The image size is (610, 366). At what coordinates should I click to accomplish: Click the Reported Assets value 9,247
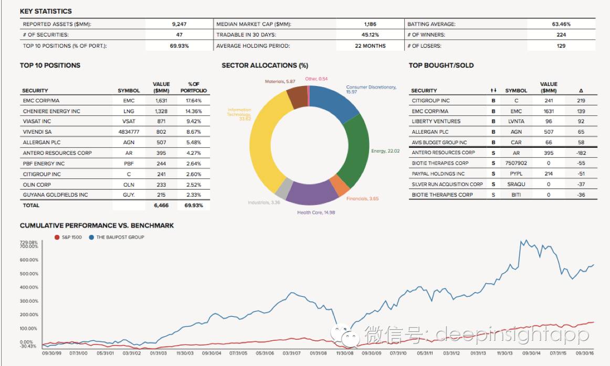(x=179, y=24)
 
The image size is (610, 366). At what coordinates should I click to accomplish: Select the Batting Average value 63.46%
(x=561, y=24)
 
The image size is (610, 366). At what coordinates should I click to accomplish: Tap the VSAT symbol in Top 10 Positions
(x=129, y=121)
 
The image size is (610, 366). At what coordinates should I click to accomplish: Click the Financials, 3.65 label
(x=363, y=199)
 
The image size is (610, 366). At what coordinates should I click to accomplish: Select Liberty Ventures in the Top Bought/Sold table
(x=436, y=121)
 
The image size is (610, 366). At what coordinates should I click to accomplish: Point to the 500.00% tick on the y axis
(x=29, y=274)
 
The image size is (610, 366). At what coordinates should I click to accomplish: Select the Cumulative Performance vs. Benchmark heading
(x=97, y=225)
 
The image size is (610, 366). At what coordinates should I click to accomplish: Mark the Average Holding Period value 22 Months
(x=370, y=46)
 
